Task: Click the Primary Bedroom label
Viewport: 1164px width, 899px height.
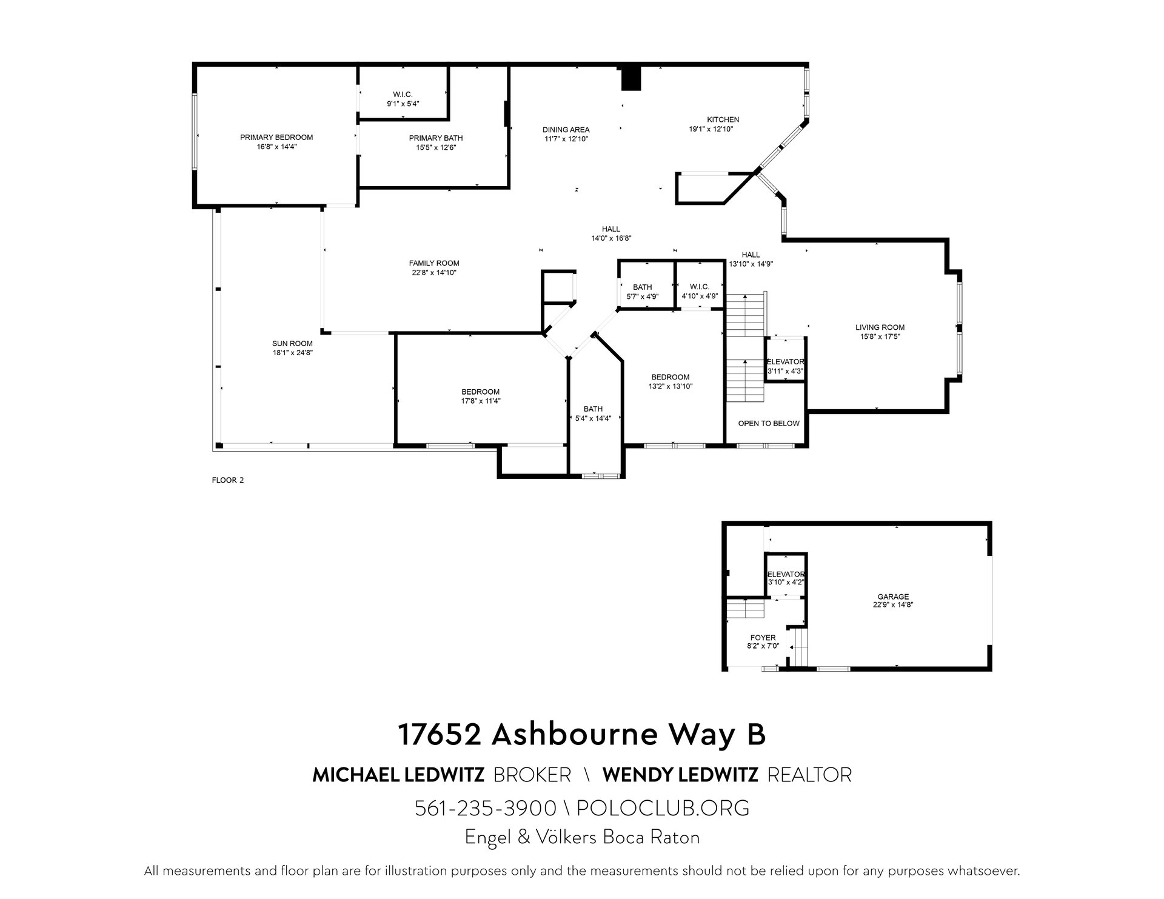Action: [x=276, y=138]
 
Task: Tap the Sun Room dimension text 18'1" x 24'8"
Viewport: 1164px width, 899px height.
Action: [x=292, y=352]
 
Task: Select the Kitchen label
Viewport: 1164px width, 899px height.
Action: [x=723, y=119]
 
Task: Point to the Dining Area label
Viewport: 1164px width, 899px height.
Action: [x=566, y=130]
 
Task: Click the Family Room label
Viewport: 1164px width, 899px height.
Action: [x=434, y=263]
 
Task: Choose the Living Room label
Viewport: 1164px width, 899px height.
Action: [x=880, y=327]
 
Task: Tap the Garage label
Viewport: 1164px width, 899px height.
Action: [x=893, y=597]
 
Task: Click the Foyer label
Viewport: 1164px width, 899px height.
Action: [x=763, y=638]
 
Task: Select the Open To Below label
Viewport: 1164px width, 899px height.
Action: [x=769, y=423]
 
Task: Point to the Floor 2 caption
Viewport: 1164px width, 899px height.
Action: [x=227, y=480]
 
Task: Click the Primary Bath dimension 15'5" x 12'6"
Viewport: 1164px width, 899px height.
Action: [x=435, y=147]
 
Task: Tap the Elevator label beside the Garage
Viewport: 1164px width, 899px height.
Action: [x=786, y=574]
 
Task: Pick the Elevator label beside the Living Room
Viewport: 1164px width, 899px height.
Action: [x=786, y=362]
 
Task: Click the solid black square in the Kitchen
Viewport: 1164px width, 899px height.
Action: [x=631, y=78]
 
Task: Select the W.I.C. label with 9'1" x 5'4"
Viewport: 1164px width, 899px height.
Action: [x=403, y=95]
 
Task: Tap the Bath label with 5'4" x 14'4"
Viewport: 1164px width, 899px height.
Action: [x=593, y=409]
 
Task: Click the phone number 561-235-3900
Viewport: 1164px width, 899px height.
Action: [x=486, y=808]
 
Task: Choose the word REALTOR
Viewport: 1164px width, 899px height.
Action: [x=809, y=775]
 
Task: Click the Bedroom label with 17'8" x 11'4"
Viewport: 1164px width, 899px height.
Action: [x=480, y=392]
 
